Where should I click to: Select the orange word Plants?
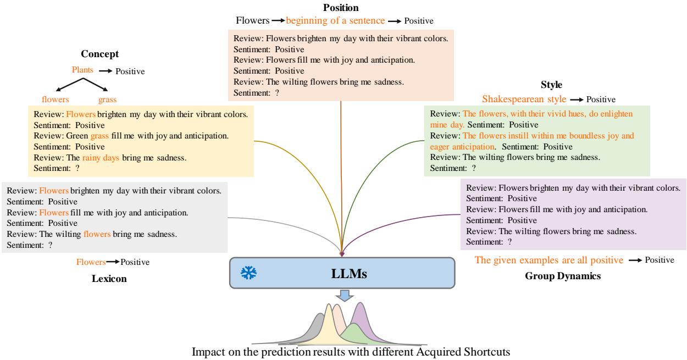(82, 70)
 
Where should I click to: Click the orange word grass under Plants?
(108, 100)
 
